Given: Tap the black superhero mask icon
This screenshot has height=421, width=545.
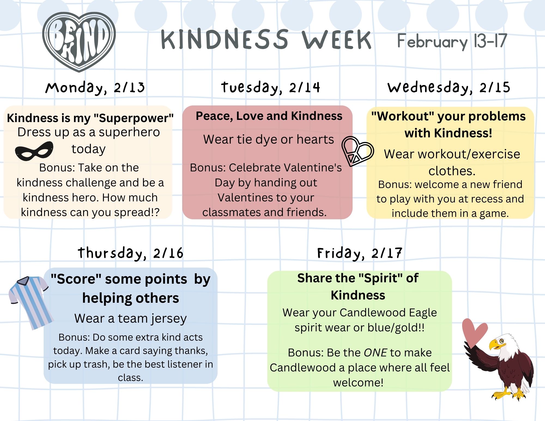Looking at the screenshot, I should tap(34, 151).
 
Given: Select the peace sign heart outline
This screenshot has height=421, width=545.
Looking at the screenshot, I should tap(357, 151).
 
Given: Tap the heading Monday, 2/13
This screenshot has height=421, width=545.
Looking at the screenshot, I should tap(95, 88).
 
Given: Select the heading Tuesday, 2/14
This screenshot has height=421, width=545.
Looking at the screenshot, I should tap(270, 88).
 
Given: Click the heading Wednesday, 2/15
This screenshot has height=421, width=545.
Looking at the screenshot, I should tap(449, 88).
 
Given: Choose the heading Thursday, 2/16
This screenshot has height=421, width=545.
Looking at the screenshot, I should tap(130, 253).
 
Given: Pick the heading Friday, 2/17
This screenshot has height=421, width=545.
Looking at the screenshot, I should tap(359, 253).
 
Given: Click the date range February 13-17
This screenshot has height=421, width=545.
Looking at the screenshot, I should tap(452, 41).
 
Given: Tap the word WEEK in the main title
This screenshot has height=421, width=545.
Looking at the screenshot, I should tap(337, 40).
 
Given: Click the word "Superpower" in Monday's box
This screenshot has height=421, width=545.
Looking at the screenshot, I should tap(134, 118).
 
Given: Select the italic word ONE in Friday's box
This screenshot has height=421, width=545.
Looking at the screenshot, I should tap(376, 353).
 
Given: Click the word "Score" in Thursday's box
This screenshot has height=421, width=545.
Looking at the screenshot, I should tap(76, 279).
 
